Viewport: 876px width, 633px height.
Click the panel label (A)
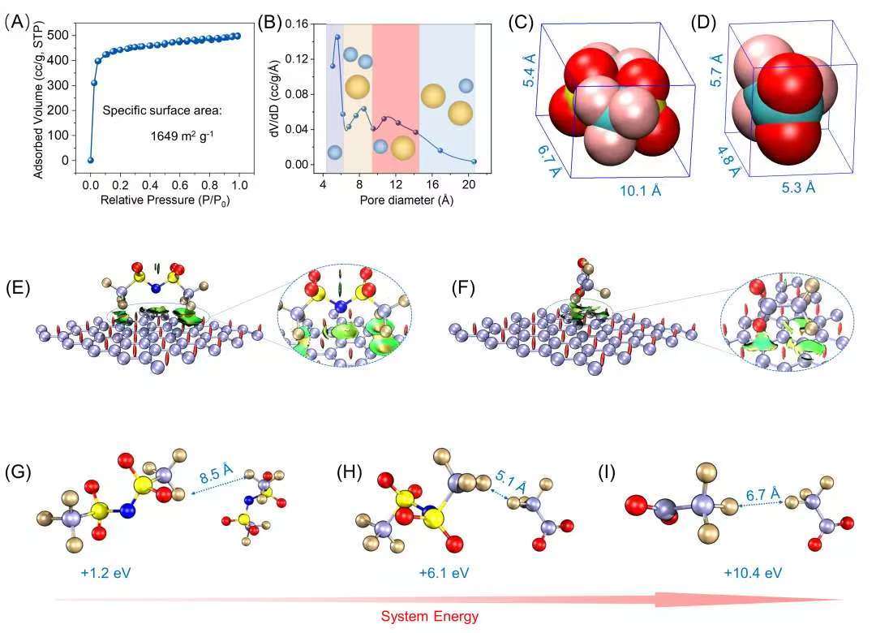[x=18, y=22]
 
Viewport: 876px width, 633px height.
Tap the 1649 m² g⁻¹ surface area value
[x=191, y=136]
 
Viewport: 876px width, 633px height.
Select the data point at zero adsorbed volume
[x=91, y=160]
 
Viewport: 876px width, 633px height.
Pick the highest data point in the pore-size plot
[x=337, y=37]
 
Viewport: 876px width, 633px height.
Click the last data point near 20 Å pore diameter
[x=474, y=161]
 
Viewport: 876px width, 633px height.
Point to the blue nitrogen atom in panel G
[x=127, y=511]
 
